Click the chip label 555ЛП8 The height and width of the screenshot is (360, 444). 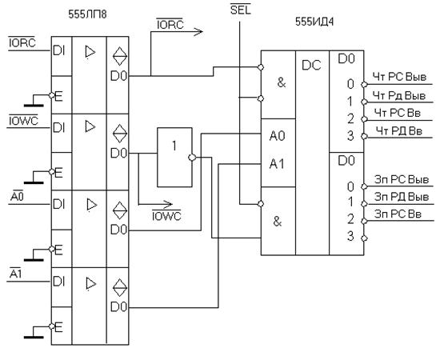click(87, 14)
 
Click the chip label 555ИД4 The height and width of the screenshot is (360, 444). click(314, 22)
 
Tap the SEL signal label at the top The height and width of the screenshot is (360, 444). click(241, 10)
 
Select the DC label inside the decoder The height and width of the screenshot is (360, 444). click(311, 65)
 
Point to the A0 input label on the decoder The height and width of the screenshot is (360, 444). click(277, 136)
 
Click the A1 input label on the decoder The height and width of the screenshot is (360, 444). click(277, 163)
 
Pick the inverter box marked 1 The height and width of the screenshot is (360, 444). click(174, 157)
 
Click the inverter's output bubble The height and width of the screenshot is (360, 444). click(192, 157)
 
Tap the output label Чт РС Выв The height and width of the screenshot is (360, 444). click(399, 77)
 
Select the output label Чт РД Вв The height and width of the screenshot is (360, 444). click(399, 131)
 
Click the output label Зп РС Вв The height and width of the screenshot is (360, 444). click(398, 214)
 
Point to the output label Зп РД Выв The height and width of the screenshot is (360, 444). click(402, 197)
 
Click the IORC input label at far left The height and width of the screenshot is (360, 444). click(22, 42)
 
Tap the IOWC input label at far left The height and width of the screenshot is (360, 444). click(23, 120)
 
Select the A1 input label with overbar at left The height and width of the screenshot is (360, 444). click(15, 274)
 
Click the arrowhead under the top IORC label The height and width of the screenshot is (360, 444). click(198, 31)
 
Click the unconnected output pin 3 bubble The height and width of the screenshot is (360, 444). click(365, 238)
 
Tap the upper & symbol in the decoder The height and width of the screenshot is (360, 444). click(282, 82)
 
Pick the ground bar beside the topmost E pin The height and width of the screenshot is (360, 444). click(34, 106)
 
